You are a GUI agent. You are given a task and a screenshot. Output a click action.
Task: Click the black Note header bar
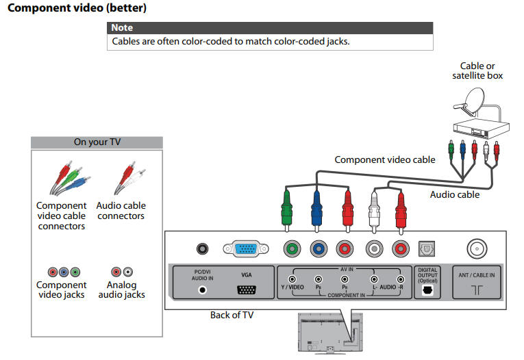pyautogui.click(x=271, y=28)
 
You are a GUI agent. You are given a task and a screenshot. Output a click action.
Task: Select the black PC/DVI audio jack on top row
pyautogui.click(x=202, y=249)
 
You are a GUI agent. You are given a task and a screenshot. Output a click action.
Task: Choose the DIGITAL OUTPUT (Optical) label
pyautogui.click(x=427, y=275)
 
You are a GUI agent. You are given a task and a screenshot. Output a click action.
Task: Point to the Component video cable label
pyautogui.click(x=384, y=159)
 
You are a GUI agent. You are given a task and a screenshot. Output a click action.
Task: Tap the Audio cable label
pyautogui.click(x=454, y=194)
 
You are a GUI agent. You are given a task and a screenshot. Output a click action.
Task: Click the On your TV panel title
pyautogui.click(x=97, y=142)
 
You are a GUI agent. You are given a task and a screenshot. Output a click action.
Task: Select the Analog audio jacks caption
pyautogui.click(x=121, y=290)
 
